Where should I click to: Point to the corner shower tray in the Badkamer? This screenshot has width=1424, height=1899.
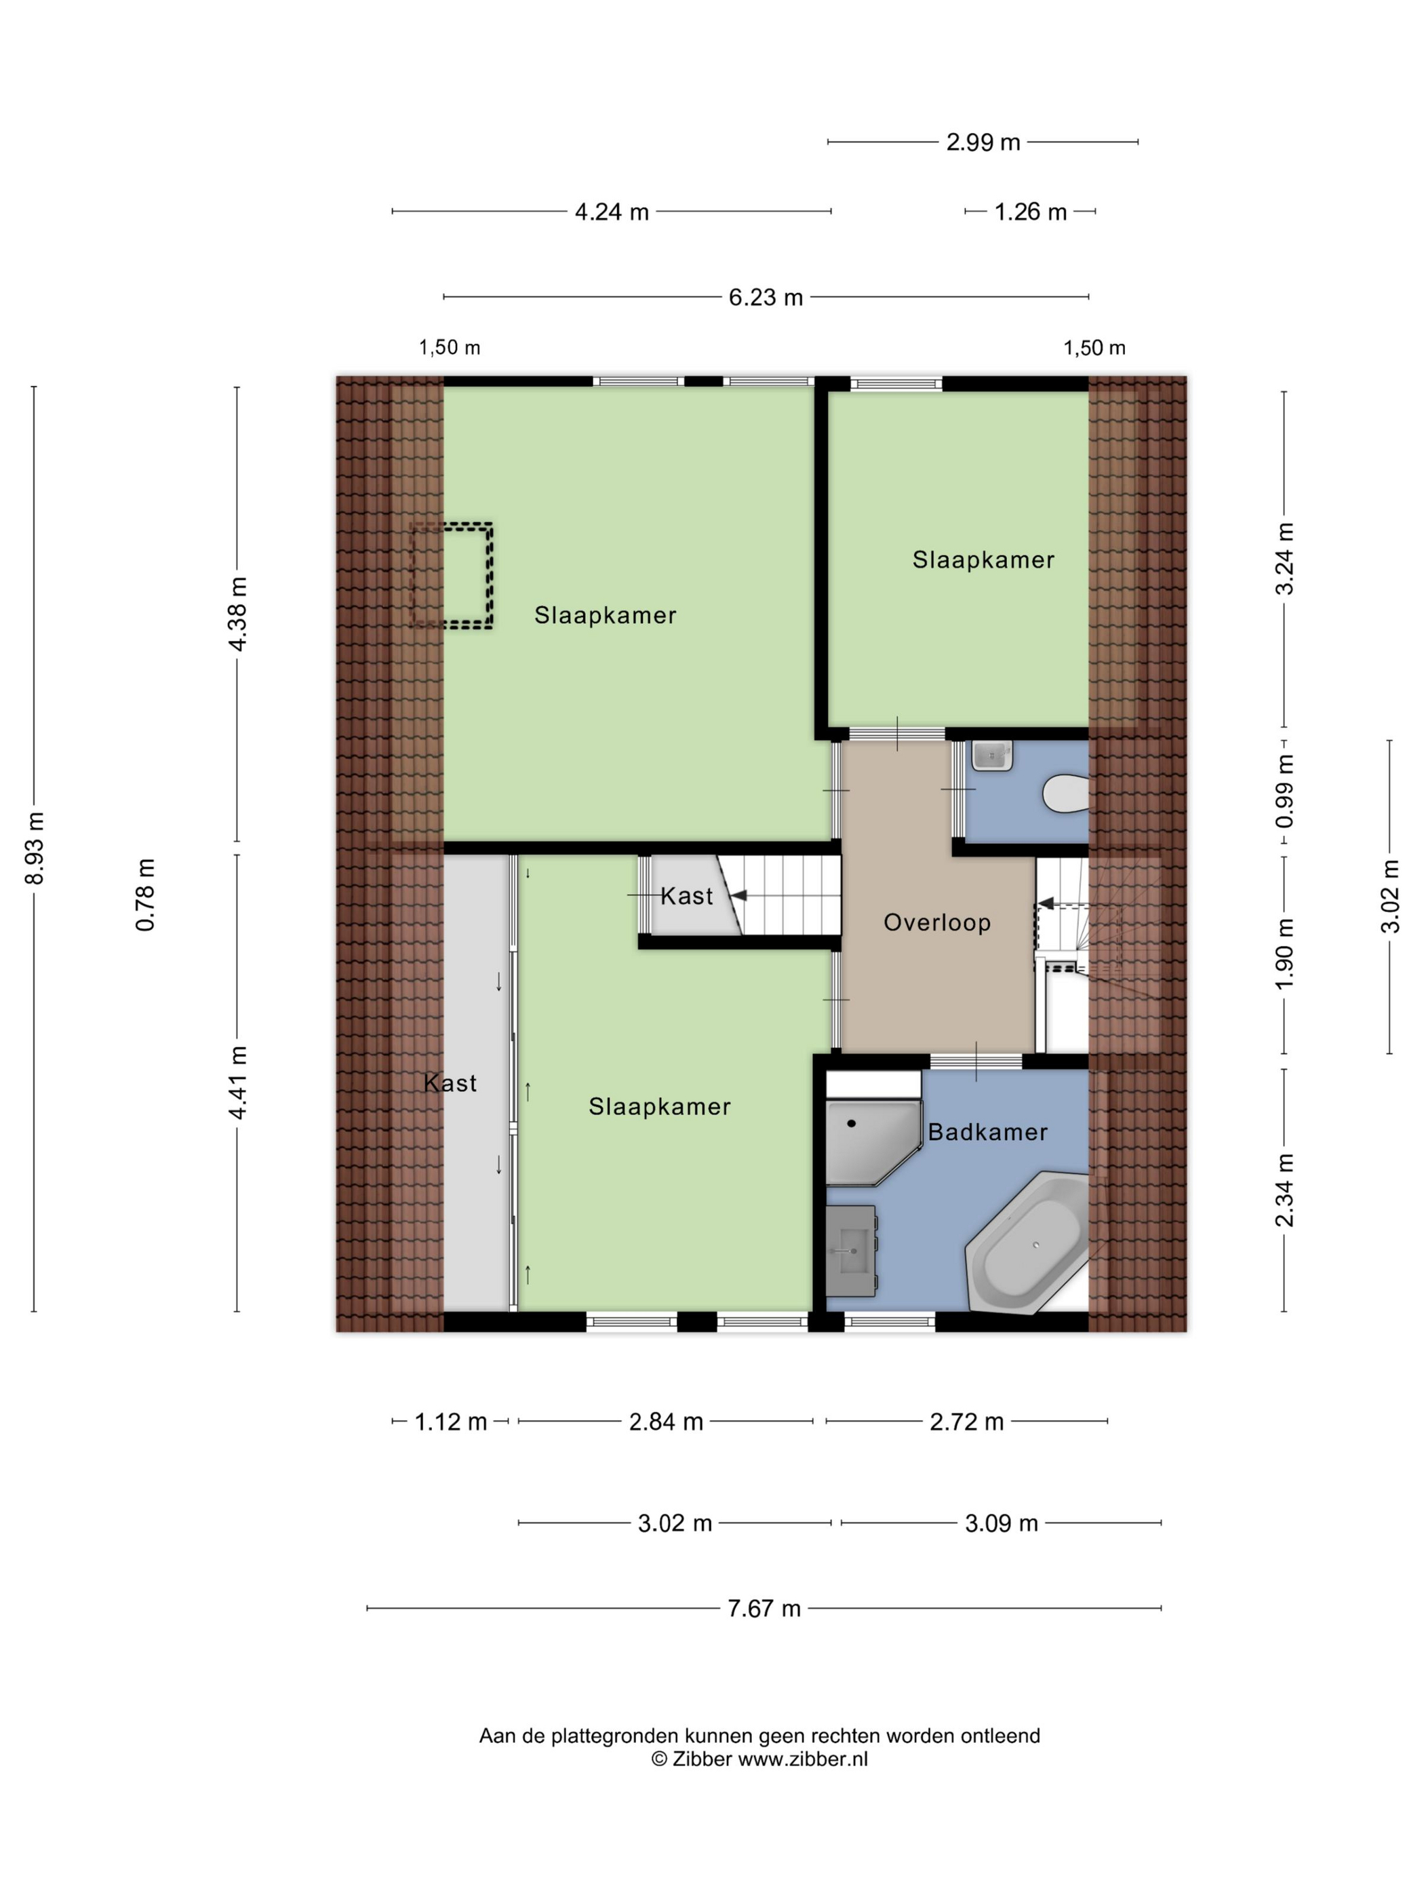872,1143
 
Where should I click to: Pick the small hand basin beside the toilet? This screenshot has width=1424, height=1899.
992,756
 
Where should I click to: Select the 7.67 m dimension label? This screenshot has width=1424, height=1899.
764,1608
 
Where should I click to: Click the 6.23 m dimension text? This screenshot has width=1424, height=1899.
766,297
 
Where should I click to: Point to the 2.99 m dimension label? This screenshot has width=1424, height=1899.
983,142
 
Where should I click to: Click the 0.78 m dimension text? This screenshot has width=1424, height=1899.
145,895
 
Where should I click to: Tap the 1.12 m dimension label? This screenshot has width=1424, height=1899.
451,1422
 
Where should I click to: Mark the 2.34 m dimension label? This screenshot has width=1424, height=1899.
1284,1190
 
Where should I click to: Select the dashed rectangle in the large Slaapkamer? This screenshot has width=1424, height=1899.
451,575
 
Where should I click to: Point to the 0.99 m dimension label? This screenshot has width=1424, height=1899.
1284,791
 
